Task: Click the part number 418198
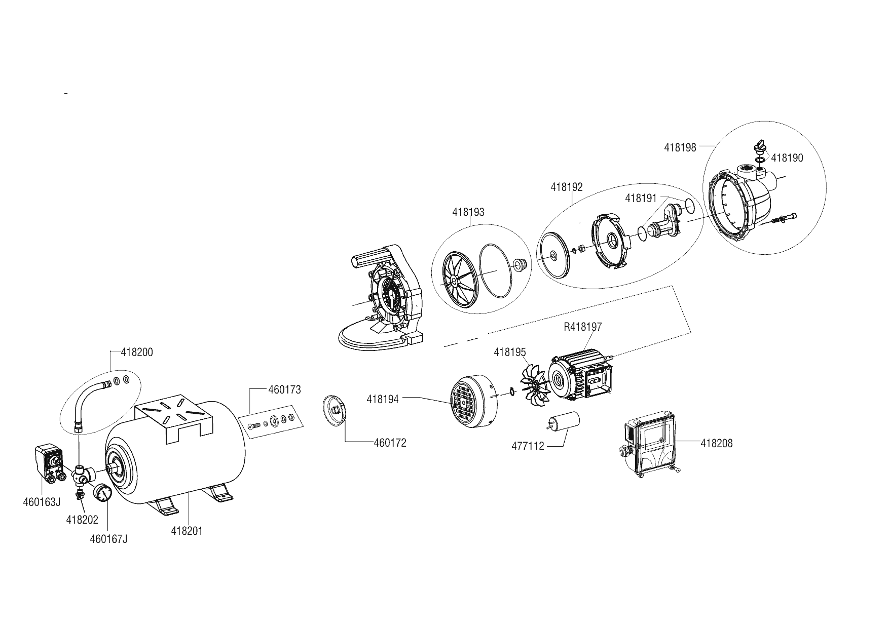tap(680, 147)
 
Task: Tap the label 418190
tap(787, 158)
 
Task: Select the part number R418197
tap(583, 327)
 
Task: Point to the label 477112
tap(528, 446)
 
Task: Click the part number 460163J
tap(42, 502)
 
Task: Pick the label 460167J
tap(108, 539)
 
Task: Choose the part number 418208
tap(717, 444)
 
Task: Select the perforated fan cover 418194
tap(473, 400)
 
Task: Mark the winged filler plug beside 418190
tap(758, 147)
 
